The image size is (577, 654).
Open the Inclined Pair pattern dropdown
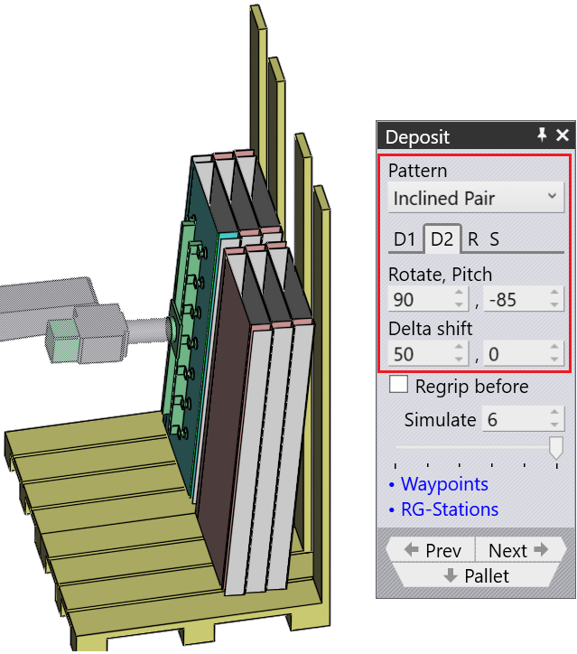coord(476,198)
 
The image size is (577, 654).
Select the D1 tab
coord(405,239)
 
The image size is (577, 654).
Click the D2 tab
coord(442,239)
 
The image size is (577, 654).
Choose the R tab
coord(473,239)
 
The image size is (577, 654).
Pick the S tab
coord(494,239)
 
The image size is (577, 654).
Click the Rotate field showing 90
coord(427,299)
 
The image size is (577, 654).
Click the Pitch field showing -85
coord(523,299)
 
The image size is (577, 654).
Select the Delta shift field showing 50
coord(427,354)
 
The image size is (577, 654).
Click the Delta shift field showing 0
coord(523,354)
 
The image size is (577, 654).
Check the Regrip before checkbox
coord(398,385)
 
